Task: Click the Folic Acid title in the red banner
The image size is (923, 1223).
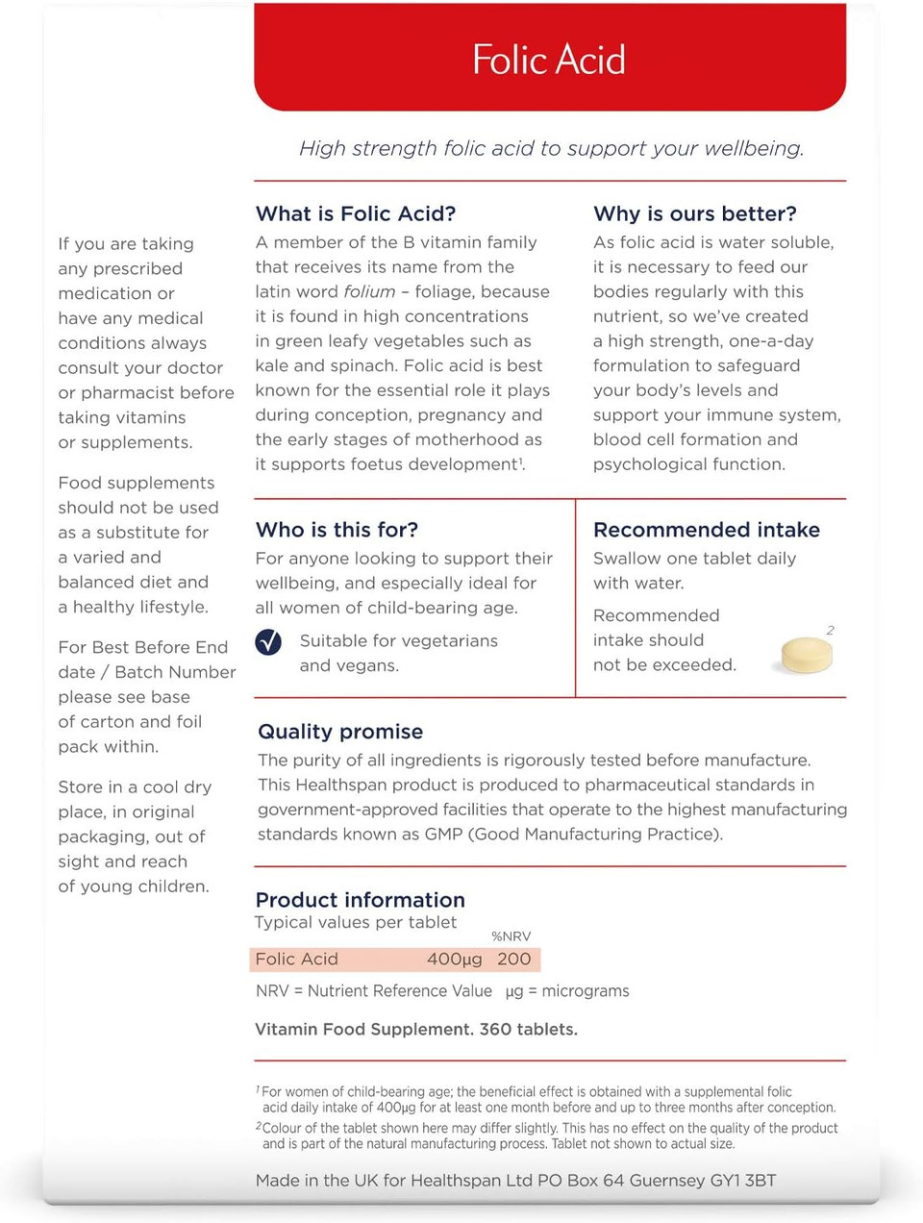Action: tap(549, 60)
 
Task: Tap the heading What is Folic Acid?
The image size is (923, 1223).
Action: tap(356, 213)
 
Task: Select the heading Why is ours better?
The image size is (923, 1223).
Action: tap(695, 213)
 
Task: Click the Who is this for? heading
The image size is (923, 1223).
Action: tap(337, 530)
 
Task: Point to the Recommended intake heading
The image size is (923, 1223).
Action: tap(707, 530)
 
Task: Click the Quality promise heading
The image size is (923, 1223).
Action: tap(340, 732)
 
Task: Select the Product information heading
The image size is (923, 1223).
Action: tap(361, 900)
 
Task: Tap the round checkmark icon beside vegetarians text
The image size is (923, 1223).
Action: tap(269, 642)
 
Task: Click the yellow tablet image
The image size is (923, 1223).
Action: tap(807, 655)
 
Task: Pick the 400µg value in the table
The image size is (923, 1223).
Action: tap(454, 960)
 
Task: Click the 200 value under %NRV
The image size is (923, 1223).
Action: tap(513, 960)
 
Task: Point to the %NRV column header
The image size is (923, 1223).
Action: tap(511, 936)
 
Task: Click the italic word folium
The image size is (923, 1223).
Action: tap(369, 291)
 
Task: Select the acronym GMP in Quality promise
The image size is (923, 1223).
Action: tap(443, 834)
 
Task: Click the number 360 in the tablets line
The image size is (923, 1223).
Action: tap(495, 1029)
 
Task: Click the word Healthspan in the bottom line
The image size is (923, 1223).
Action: tap(457, 1180)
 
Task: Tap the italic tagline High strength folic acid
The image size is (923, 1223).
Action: tap(551, 148)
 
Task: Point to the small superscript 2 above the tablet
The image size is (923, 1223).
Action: tap(830, 631)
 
